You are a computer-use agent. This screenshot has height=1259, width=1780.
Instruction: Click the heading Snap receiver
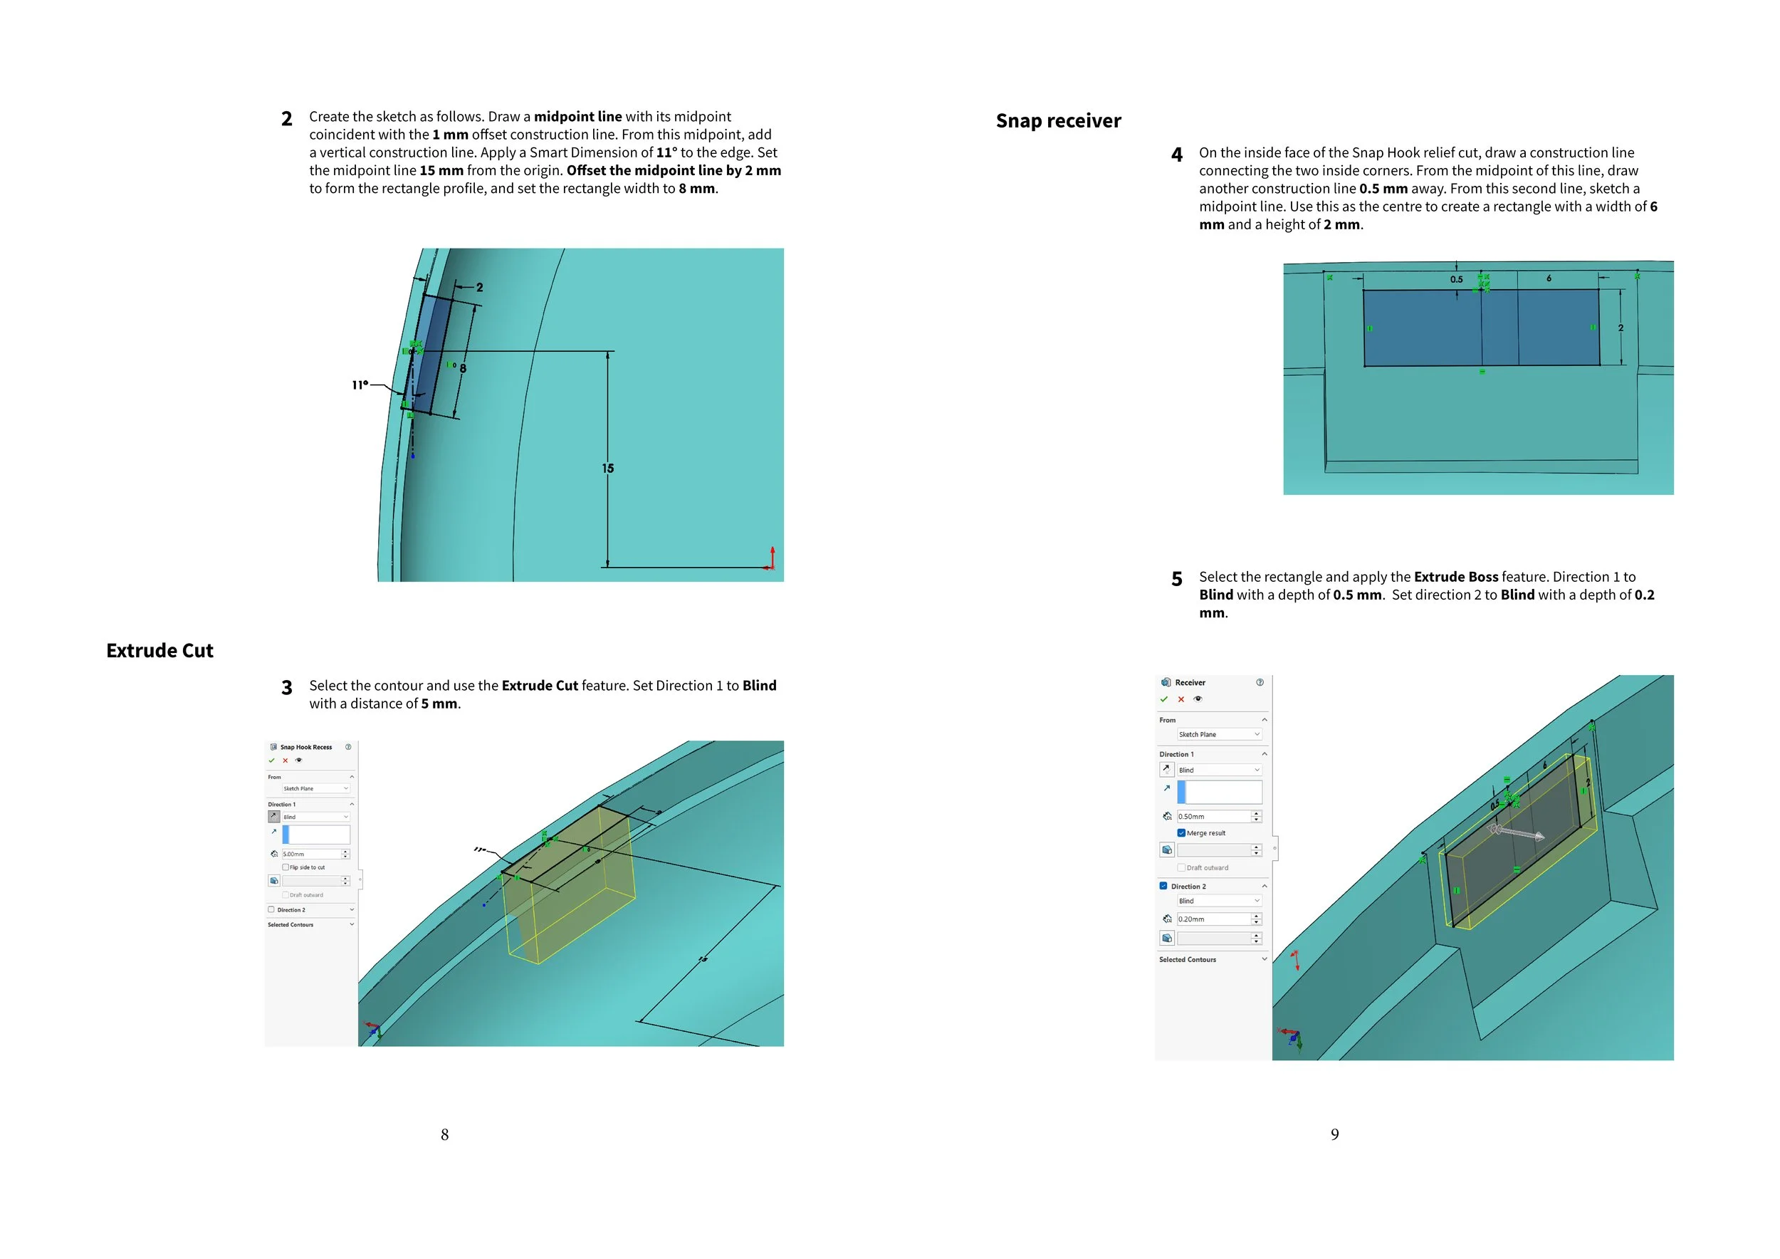(1057, 121)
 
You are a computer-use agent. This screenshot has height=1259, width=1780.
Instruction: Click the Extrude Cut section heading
(159, 650)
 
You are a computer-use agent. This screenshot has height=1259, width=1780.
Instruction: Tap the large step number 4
(1176, 155)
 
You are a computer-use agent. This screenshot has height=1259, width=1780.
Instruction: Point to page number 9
(1334, 1134)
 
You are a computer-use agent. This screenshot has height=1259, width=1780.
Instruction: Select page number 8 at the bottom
(444, 1134)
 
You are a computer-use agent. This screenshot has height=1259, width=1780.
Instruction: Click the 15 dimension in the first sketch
(608, 469)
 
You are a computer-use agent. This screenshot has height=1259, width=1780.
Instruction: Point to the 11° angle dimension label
(360, 385)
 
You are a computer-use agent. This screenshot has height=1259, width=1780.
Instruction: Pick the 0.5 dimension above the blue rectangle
(1456, 279)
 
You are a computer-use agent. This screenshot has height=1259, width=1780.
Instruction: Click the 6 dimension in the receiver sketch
(1548, 278)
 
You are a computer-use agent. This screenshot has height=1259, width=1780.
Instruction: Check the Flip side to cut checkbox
(286, 867)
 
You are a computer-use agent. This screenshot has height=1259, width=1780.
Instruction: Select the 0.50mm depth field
(1213, 816)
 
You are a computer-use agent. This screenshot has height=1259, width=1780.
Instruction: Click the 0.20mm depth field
(1213, 919)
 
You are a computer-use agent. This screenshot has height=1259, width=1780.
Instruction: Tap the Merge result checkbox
(1180, 832)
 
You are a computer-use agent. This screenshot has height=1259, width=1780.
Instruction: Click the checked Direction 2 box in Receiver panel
(1163, 885)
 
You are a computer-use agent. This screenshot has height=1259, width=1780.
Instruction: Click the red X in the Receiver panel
(1180, 699)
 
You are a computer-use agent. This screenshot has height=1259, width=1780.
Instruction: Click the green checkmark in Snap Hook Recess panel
(271, 761)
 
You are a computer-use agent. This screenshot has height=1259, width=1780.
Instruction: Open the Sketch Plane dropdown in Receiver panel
(1219, 734)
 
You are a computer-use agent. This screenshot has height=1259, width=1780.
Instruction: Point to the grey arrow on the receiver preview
(1517, 833)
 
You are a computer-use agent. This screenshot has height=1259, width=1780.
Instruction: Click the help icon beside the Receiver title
(1259, 682)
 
